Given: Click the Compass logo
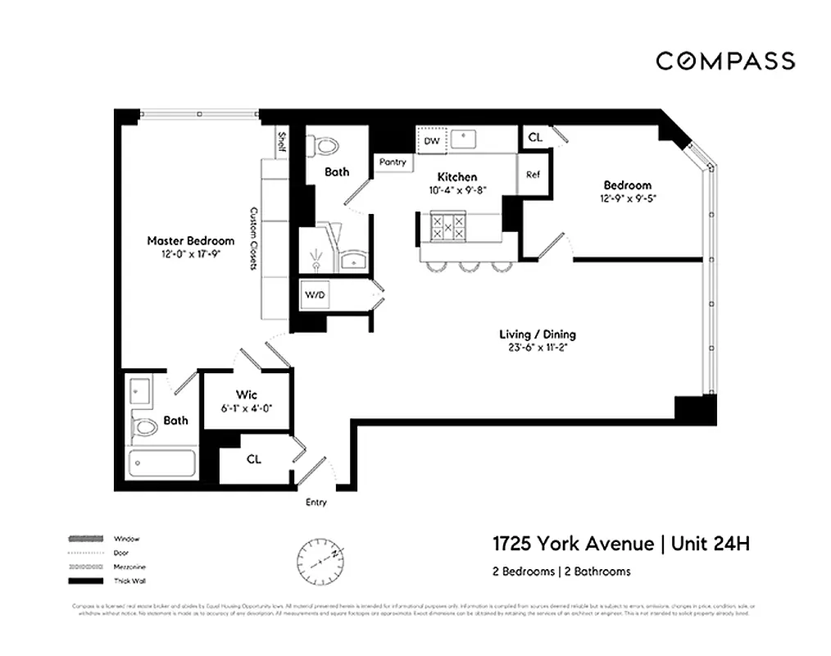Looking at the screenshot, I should coord(724,61).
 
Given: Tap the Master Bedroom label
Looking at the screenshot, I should coord(190,241).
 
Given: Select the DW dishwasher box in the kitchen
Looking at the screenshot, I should coord(432,141).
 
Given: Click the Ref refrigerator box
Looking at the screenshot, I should coord(533,175).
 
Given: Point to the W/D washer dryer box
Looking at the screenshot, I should coord(315,294).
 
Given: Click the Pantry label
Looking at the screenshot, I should coord(393,162).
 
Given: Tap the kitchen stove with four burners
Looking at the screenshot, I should coord(448,227).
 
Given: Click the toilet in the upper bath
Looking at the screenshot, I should coord(325,146).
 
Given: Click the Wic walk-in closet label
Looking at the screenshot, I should coord(247,395).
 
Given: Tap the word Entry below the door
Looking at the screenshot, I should coord(316,502).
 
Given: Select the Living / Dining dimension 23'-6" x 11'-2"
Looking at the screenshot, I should coord(538,347).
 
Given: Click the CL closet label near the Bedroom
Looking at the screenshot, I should coord(535,138).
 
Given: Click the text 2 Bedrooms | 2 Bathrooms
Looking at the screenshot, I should coord(561,572).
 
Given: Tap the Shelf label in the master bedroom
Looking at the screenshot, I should coord(281,141).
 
